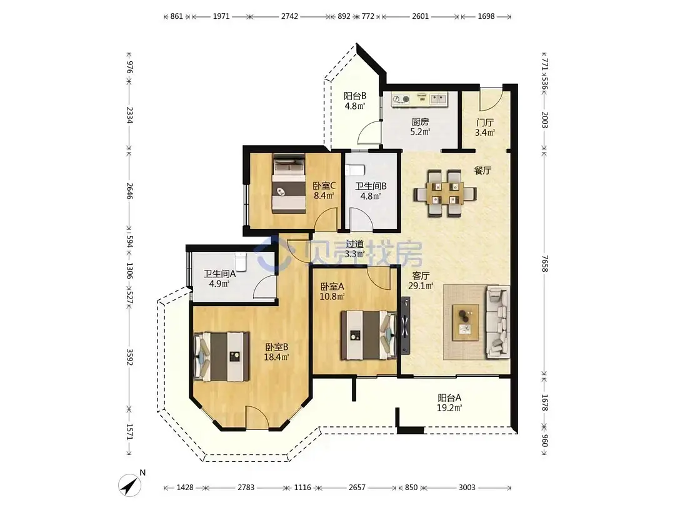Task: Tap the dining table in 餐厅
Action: pos(445,193)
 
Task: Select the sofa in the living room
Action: pos(498,322)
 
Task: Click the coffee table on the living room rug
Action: pos(466,322)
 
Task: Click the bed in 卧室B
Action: pos(221,357)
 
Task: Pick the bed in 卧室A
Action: pos(369,335)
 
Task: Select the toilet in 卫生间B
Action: pos(357,170)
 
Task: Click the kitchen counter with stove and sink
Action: pos(419,100)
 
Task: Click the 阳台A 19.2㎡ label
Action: pos(449,402)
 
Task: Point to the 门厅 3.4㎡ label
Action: pos(485,128)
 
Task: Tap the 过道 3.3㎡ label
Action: pos(355,249)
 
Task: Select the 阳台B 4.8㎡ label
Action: pos(355,101)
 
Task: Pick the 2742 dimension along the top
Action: pos(289,16)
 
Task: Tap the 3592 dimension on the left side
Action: pos(129,357)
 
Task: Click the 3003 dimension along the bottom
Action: pos(467,488)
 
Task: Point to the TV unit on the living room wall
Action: pos(406,325)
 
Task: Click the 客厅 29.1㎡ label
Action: pos(421,280)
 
